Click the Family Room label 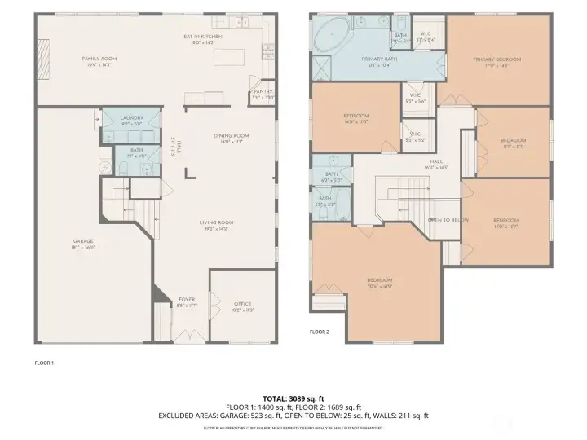point(99,59)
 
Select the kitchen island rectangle point(228,58)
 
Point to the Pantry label point(263,91)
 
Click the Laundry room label point(131,118)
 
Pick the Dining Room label point(232,135)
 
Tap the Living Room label point(218,222)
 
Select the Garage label point(83,241)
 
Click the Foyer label point(187,300)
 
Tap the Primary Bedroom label point(497,59)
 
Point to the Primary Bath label point(380,59)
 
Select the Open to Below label point(448,220)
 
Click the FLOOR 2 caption point(319,332)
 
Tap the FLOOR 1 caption point(44,362)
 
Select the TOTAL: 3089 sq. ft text point(293,398)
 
